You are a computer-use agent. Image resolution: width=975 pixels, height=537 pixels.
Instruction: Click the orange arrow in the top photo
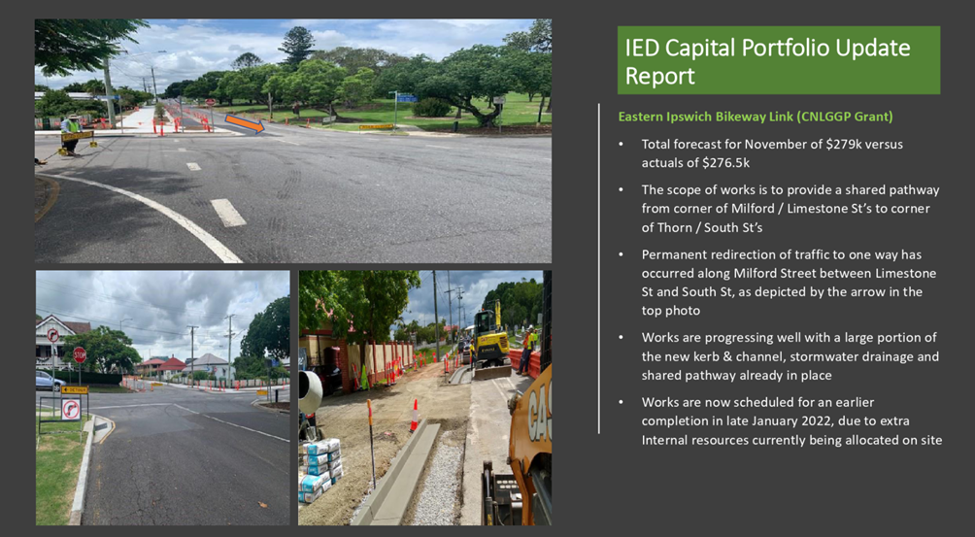click(x=245, y=123)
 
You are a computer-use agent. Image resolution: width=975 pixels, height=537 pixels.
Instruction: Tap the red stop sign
click(x=80, y=354)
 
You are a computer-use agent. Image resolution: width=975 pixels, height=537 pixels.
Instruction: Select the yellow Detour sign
click(x=75, y=389)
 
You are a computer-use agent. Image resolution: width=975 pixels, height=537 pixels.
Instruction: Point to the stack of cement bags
click(x=320, y=469)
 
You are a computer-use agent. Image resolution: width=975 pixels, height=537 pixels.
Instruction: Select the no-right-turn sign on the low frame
click(x=71, y=409)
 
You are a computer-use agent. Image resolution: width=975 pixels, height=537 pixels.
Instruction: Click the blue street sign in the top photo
click(x=407, y=98)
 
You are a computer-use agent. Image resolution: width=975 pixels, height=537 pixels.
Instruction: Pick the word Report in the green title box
click(x=659, y=76)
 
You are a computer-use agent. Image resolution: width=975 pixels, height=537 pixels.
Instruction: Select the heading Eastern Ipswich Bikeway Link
click(x=717, y=117)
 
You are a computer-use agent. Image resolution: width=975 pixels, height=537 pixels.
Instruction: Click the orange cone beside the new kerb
click(x=414, y=416)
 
